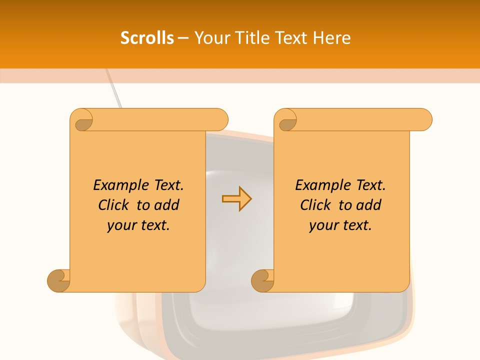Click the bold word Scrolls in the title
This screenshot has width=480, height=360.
[x=147, y=38]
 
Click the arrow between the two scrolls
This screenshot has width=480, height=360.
[x=236, y=199]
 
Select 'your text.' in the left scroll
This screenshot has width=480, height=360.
[x=138, y=225]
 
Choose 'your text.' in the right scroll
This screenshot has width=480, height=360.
[x=340, y=225]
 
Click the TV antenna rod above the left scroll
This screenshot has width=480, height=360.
[x=114, y=90]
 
